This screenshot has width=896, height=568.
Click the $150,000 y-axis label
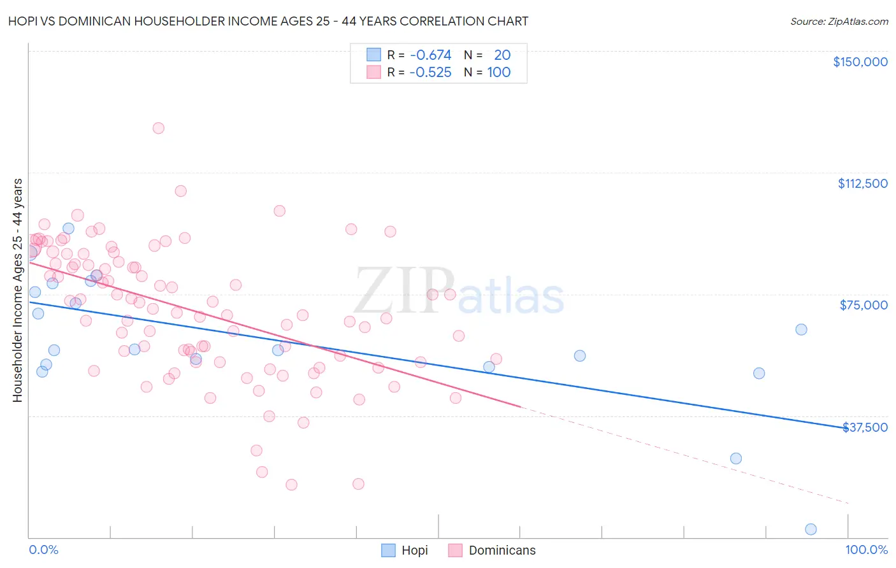point(860,62)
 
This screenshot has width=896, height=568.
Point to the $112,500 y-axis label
point(862,183)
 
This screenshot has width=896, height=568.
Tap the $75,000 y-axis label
point(863,305)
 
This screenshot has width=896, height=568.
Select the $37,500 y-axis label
point(865,427)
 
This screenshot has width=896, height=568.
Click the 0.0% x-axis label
point(43,550)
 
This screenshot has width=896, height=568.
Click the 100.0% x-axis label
point(866,550)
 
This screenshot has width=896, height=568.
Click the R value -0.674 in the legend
point(430,55)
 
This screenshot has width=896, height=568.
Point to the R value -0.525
point(430,73)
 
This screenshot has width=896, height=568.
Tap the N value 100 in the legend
point(499,73)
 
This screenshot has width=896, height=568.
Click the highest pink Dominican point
point(159,128)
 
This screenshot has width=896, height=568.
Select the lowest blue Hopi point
point(811,529)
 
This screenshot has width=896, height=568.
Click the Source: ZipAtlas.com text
point(839,22)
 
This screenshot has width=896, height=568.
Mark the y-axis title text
point(17,290)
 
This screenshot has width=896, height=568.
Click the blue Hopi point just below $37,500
point(735,458)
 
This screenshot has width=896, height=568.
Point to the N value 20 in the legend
point(502,55)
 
